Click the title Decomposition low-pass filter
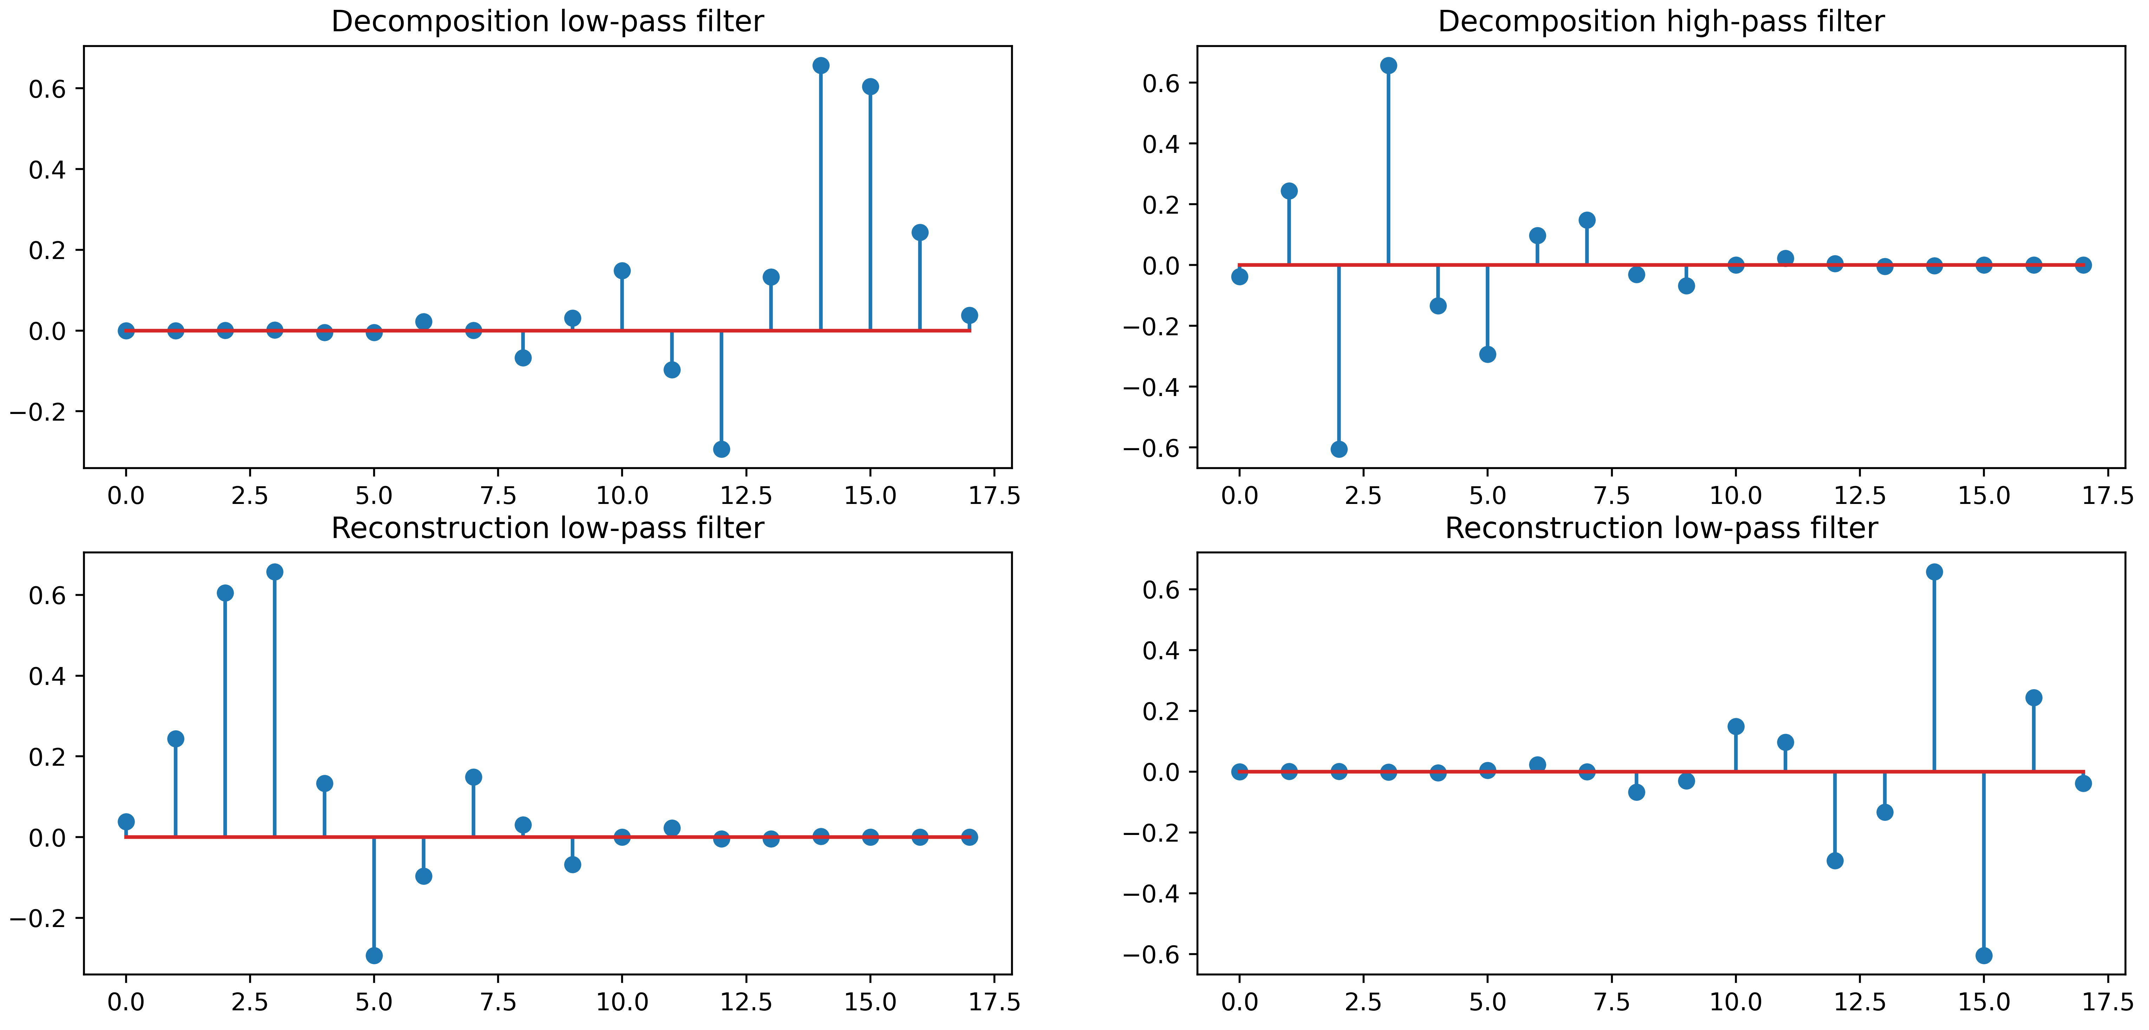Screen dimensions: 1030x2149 pyautogui.click(x=547, y=22)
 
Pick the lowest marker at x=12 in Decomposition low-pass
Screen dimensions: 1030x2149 pyautogui.click(x=721, y=449)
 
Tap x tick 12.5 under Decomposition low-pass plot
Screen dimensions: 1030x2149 pyautogui.click(x=746, y=496)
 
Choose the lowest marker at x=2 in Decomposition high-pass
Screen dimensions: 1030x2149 pyautogui.click(x=1339, y=449)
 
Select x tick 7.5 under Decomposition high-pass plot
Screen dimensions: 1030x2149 pyautogui.click(x=1612, y=496)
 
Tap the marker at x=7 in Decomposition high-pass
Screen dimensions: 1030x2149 pyautogui.click(x=1587, y=220)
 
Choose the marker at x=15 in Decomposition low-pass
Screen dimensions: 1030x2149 pyautogui.click(x=870, y=87)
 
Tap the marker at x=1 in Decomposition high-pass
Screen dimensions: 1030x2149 pyautogui.click(x=1289, y=191)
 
